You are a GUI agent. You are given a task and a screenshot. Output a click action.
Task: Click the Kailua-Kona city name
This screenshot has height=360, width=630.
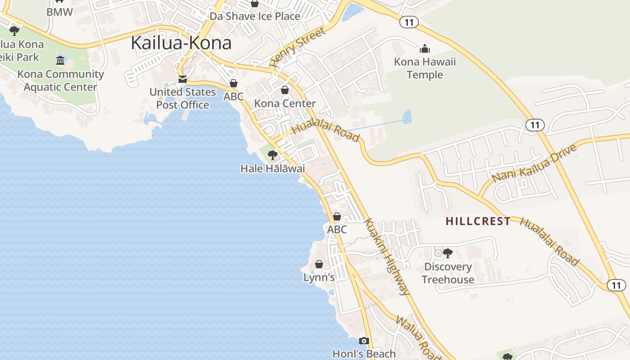pos(181,43)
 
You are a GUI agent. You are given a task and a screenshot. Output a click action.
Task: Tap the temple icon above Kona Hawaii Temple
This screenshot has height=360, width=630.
pos(424,48)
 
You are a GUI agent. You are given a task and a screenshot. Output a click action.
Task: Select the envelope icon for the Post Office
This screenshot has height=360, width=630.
pos(182,79)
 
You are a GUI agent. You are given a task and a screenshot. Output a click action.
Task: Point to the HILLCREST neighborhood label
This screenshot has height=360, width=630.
pos(478,221)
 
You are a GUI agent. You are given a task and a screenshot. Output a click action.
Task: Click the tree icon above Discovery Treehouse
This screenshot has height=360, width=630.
pos(447,253)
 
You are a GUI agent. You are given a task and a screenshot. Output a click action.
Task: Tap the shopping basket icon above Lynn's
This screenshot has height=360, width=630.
pos(319,264)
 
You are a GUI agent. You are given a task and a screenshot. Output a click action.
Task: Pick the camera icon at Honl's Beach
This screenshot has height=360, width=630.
pos(364,341)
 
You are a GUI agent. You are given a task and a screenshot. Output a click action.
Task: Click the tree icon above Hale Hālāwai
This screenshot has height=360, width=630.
pos(272,155)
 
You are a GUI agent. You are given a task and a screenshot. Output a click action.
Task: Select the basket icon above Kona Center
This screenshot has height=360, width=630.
pos(285,90)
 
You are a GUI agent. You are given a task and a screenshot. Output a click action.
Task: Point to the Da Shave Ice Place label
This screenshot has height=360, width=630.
pos(255,16)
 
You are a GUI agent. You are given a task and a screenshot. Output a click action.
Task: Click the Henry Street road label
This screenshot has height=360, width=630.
pos(297,48)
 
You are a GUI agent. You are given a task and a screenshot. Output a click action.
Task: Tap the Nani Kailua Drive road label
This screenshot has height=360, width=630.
pos(534,163)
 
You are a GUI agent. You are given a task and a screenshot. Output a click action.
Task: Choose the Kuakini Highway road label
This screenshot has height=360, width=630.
pos(387,256)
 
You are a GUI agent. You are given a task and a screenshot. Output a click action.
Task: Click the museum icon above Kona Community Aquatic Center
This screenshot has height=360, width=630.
pos(60,60)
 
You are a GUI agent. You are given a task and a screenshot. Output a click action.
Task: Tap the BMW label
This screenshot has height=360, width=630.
pos(59,12)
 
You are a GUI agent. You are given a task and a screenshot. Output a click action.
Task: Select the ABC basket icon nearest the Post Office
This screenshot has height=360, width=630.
pos(233,83)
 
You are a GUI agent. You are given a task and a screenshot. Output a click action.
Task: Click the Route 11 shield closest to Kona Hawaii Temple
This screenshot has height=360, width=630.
pos(409,22)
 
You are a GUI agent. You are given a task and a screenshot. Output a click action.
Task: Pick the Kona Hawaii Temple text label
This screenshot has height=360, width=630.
pos(425,68)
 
